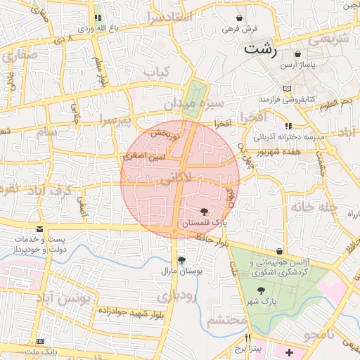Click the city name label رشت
(x=260, y=50)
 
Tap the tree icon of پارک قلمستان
(x=204, y=211)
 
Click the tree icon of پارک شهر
(x=261, y=290)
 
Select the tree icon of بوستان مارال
(x=181, y=259)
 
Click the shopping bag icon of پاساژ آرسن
(x=298, y=53)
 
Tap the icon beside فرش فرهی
(x=240, y=18)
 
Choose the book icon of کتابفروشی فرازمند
(x=286, y=89)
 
